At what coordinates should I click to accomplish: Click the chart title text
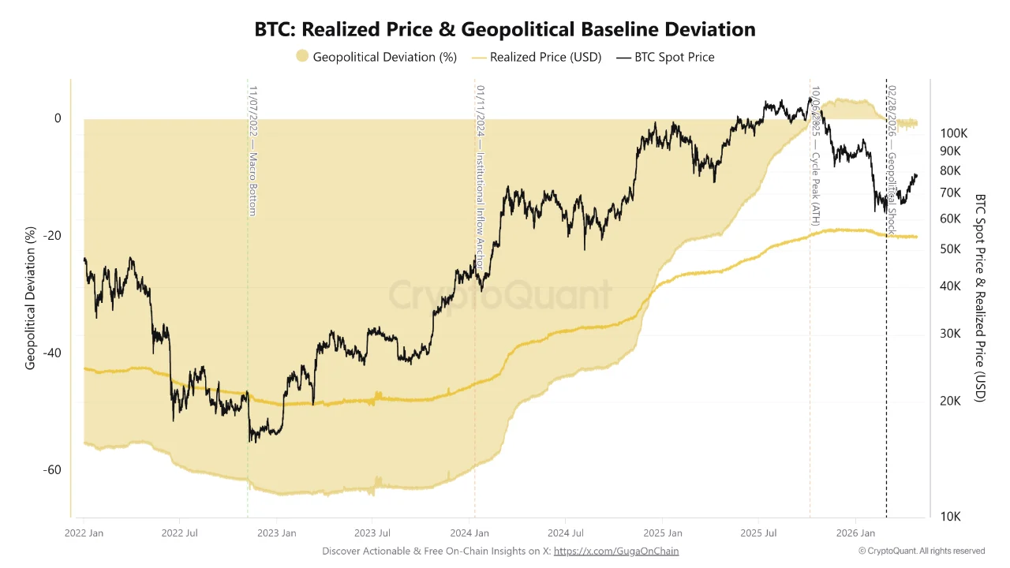pos(505,29)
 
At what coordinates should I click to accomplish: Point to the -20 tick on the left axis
pos(52,236)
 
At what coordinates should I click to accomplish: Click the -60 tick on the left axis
pos(52,470)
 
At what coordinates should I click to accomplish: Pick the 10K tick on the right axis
pos(950,517)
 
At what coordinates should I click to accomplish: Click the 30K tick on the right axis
pos(950,334)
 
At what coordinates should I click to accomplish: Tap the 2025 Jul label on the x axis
pos(758,533)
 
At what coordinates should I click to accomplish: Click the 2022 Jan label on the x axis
pos(84,533)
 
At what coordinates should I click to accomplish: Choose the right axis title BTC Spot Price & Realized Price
pos(980,298)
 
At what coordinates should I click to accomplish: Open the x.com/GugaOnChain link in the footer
pos(616,551)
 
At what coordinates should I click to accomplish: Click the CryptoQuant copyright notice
pos(921,551)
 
